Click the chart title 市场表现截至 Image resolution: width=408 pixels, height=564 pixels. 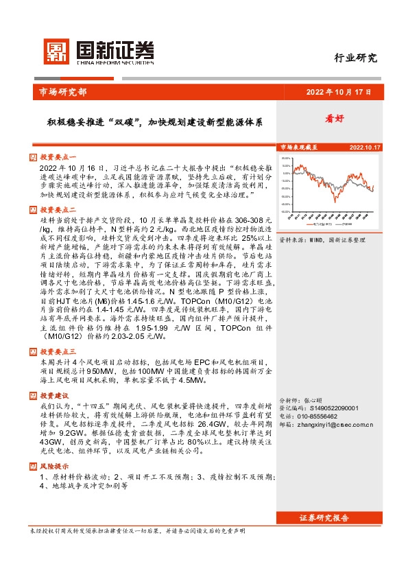pos(299,148)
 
